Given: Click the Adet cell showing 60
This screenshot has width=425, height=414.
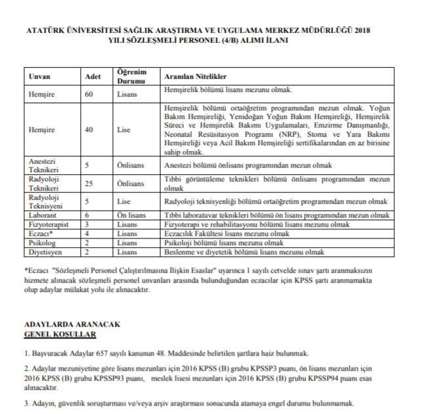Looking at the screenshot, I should [x=89, y=94].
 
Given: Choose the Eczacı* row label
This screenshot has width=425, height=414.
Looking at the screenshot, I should [x=41, y=233].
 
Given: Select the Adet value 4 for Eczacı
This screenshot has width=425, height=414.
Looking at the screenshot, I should [x=87, y=233].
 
